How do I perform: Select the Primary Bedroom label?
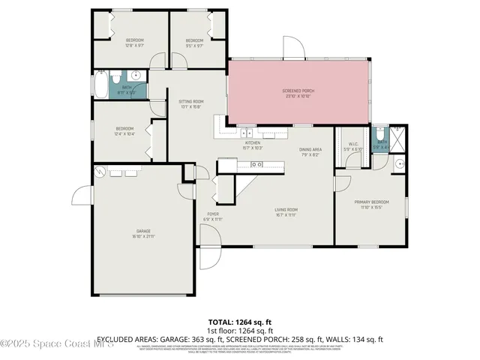point(372,202)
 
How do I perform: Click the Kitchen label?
point(253,142)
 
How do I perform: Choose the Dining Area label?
point(310,150)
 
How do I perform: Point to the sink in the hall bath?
point(135,75)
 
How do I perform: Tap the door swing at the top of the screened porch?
point(295,47)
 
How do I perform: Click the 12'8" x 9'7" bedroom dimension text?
point(134,44)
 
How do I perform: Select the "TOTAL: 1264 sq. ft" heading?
point(239,321)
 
